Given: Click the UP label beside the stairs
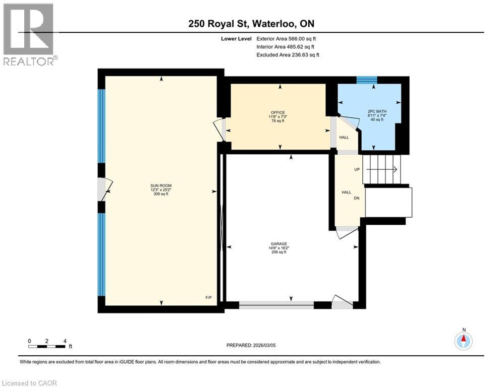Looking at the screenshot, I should pyautogui.click(x=357, y=169).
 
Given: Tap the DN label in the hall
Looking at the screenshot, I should pyautogui.click(x=356, y=198).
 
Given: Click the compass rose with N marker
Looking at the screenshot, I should pyautogui.click(x=463, y=341).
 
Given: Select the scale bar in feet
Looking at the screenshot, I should pyautogui.click(x=47, y=346).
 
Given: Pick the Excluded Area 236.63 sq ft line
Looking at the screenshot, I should pyautogui.click(x=288, y=54).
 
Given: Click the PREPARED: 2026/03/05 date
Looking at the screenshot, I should pyautogui.click(x=251, y=345).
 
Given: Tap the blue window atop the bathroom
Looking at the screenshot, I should pyautogui.click(x=367, y=80).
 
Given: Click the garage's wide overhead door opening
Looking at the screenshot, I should pyautogui.click(x=276, y=304).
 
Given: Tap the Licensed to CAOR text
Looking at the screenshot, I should pyautogui.click(x=30, y=383).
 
